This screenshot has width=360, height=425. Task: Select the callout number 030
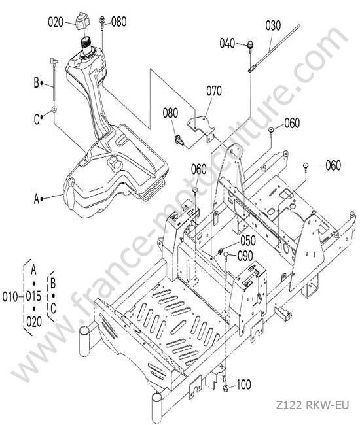coord(273,26)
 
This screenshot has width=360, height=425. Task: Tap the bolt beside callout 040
coord(251,46)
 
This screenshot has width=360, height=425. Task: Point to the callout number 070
coord(214,91)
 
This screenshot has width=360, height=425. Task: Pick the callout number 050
coord(248,241)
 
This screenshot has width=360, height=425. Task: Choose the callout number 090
coord(245,256)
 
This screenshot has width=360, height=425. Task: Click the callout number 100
coord(243,384)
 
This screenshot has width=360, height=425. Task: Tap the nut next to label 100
coord(225,388)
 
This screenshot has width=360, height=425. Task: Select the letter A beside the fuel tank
coord(37,199)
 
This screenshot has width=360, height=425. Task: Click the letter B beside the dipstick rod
coord(37,83)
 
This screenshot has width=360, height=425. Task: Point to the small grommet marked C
coord(54,109)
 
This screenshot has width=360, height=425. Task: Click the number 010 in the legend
coord(10,297)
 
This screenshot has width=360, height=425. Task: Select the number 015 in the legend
coord(33,296)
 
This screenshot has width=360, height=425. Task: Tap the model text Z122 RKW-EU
coord(312,406)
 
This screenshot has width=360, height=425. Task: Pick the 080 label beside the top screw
coord(119,22)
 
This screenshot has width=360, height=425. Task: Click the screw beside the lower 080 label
coord(179,140)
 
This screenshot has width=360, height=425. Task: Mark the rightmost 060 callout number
coord(333,165)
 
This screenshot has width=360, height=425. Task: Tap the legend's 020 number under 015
coord(34,322)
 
